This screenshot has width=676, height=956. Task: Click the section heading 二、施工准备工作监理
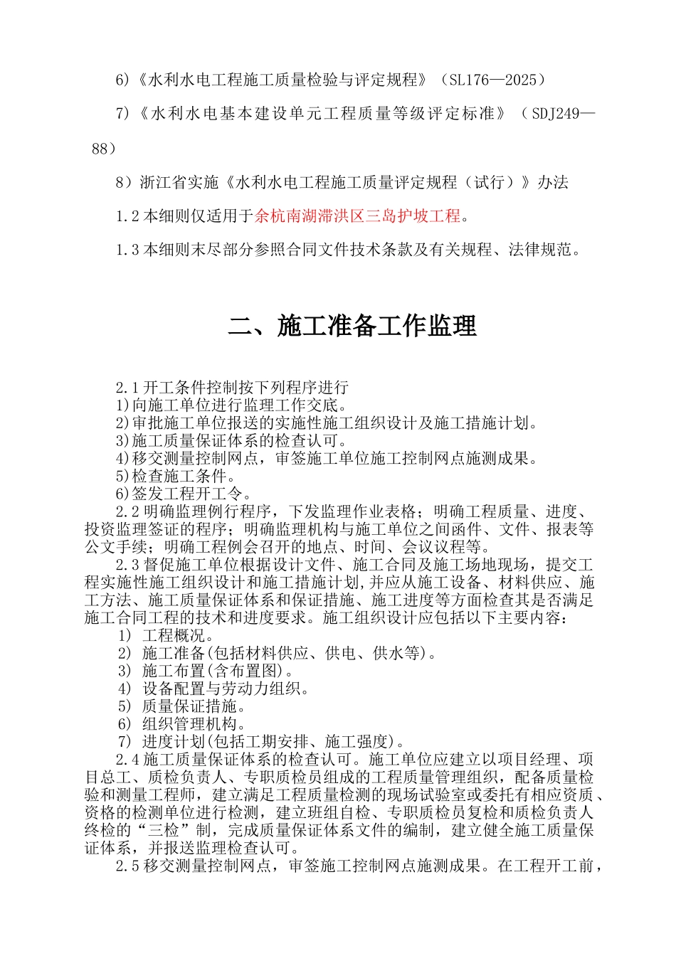point(352,326)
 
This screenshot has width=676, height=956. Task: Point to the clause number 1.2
point(127,216)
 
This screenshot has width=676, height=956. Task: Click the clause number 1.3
point(127,250)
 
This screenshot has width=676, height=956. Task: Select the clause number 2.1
point(127,388)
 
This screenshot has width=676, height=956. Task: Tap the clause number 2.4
point(127,760)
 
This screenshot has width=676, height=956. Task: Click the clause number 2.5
point(127,866)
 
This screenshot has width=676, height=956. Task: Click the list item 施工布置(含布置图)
point(218,671)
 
